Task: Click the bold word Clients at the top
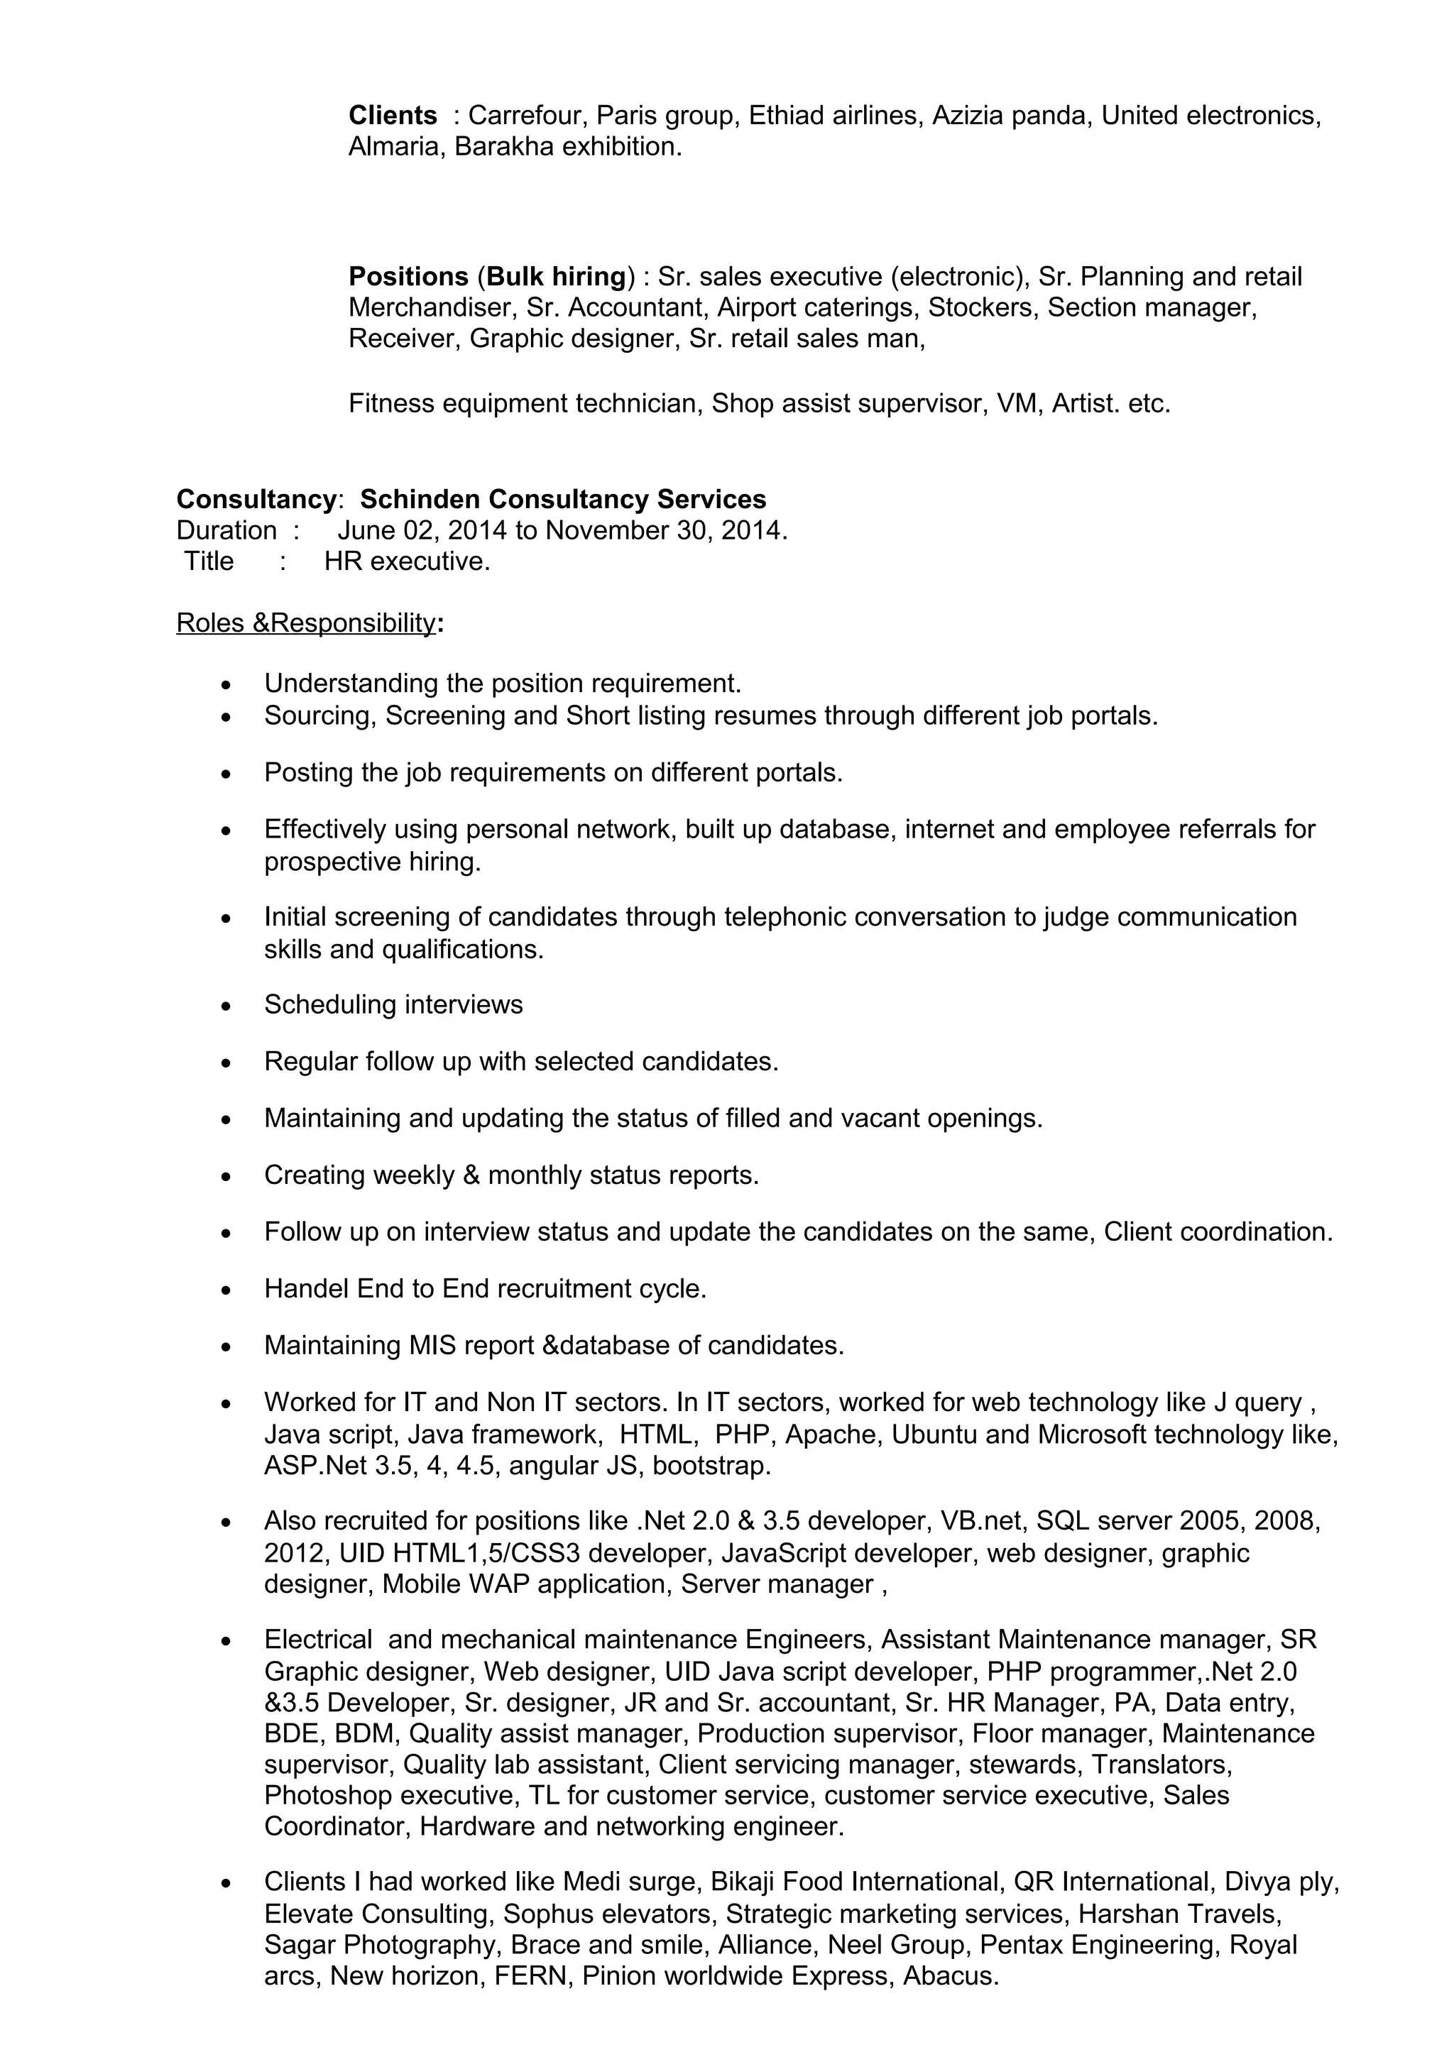click(x=391, y=116)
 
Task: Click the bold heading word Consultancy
click(x=256, y=499)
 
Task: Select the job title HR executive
click(x=407, y=561)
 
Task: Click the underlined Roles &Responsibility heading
click(x=305, y=622)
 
